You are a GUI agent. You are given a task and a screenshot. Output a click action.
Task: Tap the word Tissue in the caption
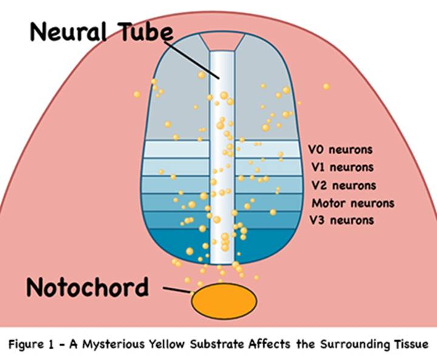412,344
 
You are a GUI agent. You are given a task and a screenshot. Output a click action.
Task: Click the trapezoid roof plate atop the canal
223,41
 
